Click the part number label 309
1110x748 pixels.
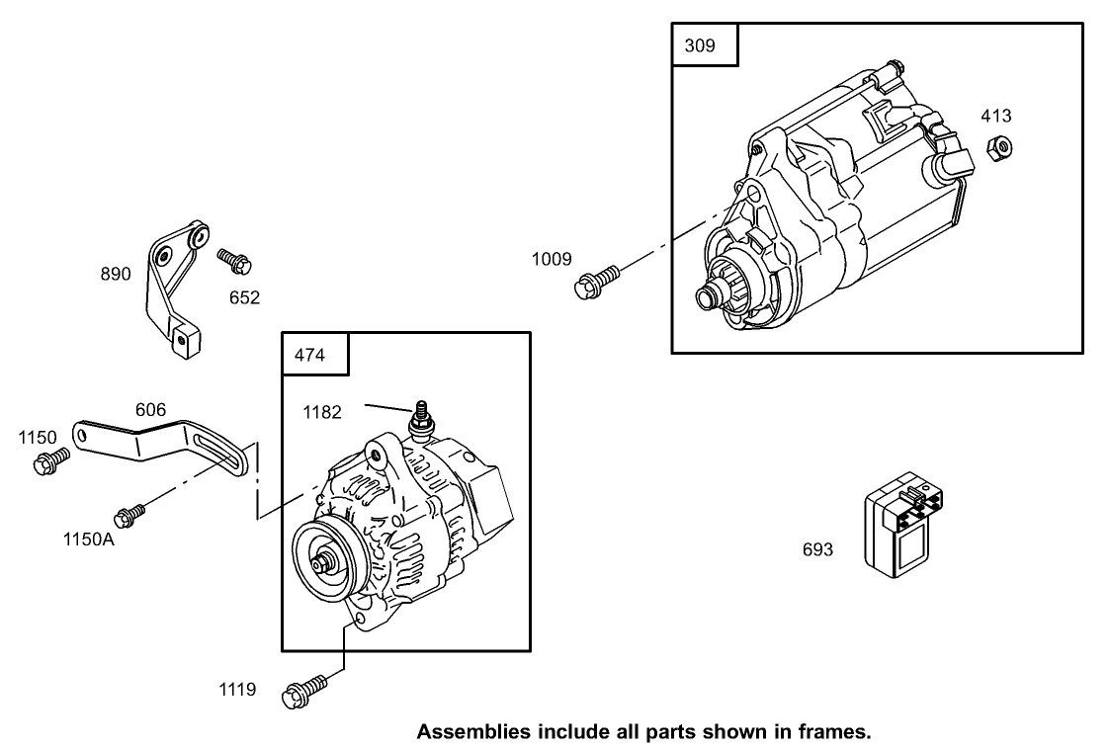(699, 45)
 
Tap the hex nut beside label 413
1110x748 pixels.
(999, 148)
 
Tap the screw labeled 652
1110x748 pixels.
(235, 261)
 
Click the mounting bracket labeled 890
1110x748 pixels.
(172, 287)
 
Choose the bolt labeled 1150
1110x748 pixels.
(51, 461)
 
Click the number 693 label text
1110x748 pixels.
(817, 550)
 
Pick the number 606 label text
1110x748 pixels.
(150, 409)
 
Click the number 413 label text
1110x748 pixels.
(996, 116)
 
